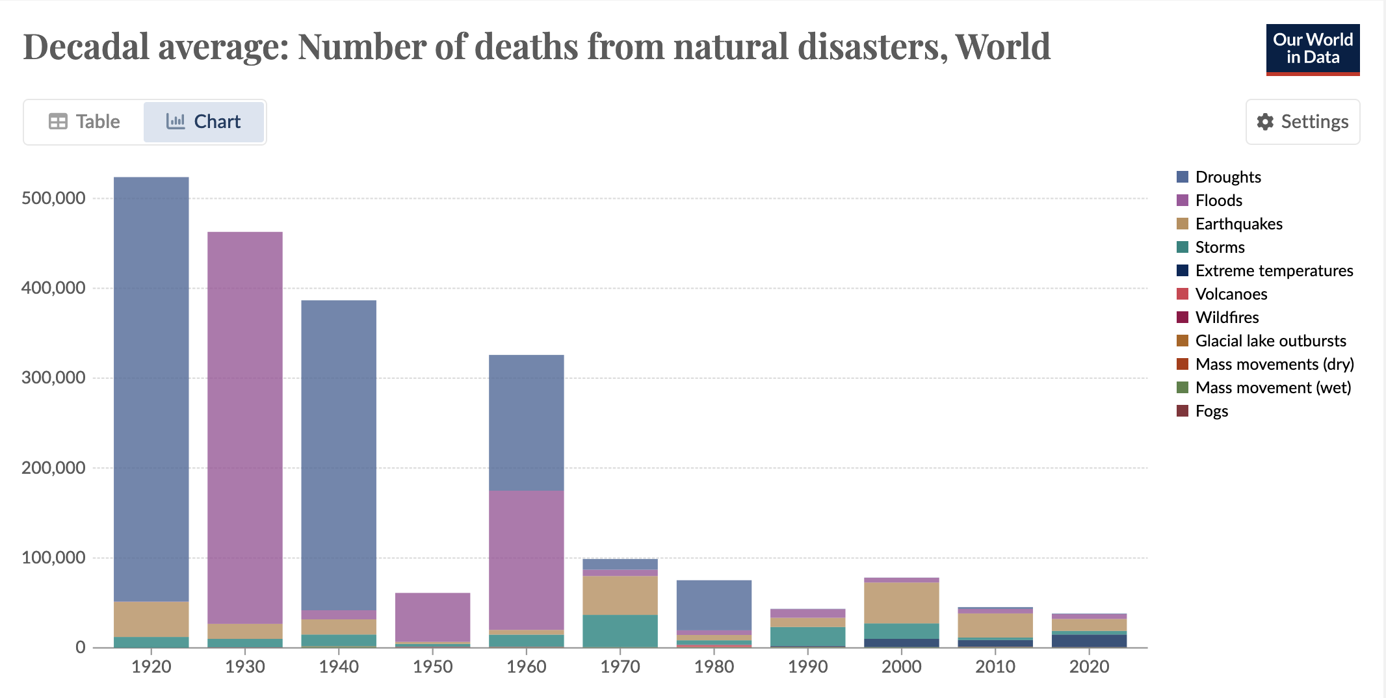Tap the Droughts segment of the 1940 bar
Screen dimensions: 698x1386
pos(339,455)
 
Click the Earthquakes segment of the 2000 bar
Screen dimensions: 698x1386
pos(902,603)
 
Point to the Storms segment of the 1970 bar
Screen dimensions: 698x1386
pos(620,630)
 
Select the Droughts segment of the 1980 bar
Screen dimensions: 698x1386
pos(714,604)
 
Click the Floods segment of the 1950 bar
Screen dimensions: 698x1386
pos(433,617)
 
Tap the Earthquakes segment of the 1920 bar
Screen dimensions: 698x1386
pos(151,619)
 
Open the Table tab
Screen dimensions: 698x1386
pos(85,122)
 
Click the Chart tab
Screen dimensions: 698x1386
pos(203,122)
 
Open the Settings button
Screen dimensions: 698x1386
pos(1302,122)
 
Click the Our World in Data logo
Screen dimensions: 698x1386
pos(1313,49)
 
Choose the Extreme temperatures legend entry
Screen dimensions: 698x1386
pos(1274,270)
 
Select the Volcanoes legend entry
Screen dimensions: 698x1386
pos(1231,294)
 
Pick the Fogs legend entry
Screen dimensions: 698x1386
pos(1211,411)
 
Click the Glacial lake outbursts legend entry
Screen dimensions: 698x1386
pos(1270,341)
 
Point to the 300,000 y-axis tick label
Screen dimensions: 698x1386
pos(53,378)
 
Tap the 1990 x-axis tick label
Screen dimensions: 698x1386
pos(807,666)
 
